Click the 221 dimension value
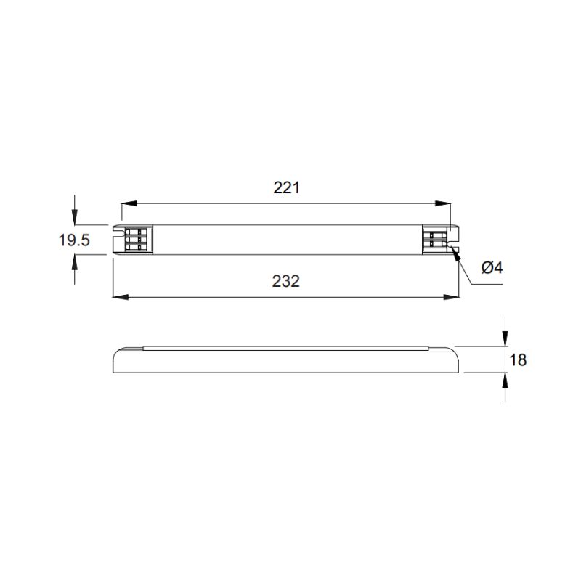[286, 187]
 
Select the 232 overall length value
[285, 281]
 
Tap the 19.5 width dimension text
[74, 240]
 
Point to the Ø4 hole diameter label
[492, 267]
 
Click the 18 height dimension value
[518, 359]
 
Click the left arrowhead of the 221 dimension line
[129, 203]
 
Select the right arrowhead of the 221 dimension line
[443, 203]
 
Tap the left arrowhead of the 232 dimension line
[121, 297]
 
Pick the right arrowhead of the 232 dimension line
[451, 297]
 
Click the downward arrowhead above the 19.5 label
[75, 217]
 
